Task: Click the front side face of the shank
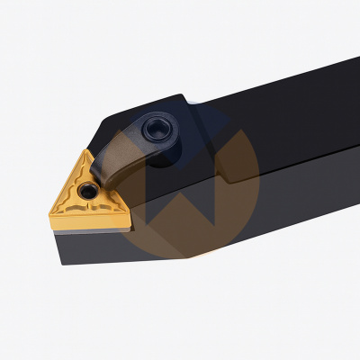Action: click(x=288, y=180)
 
